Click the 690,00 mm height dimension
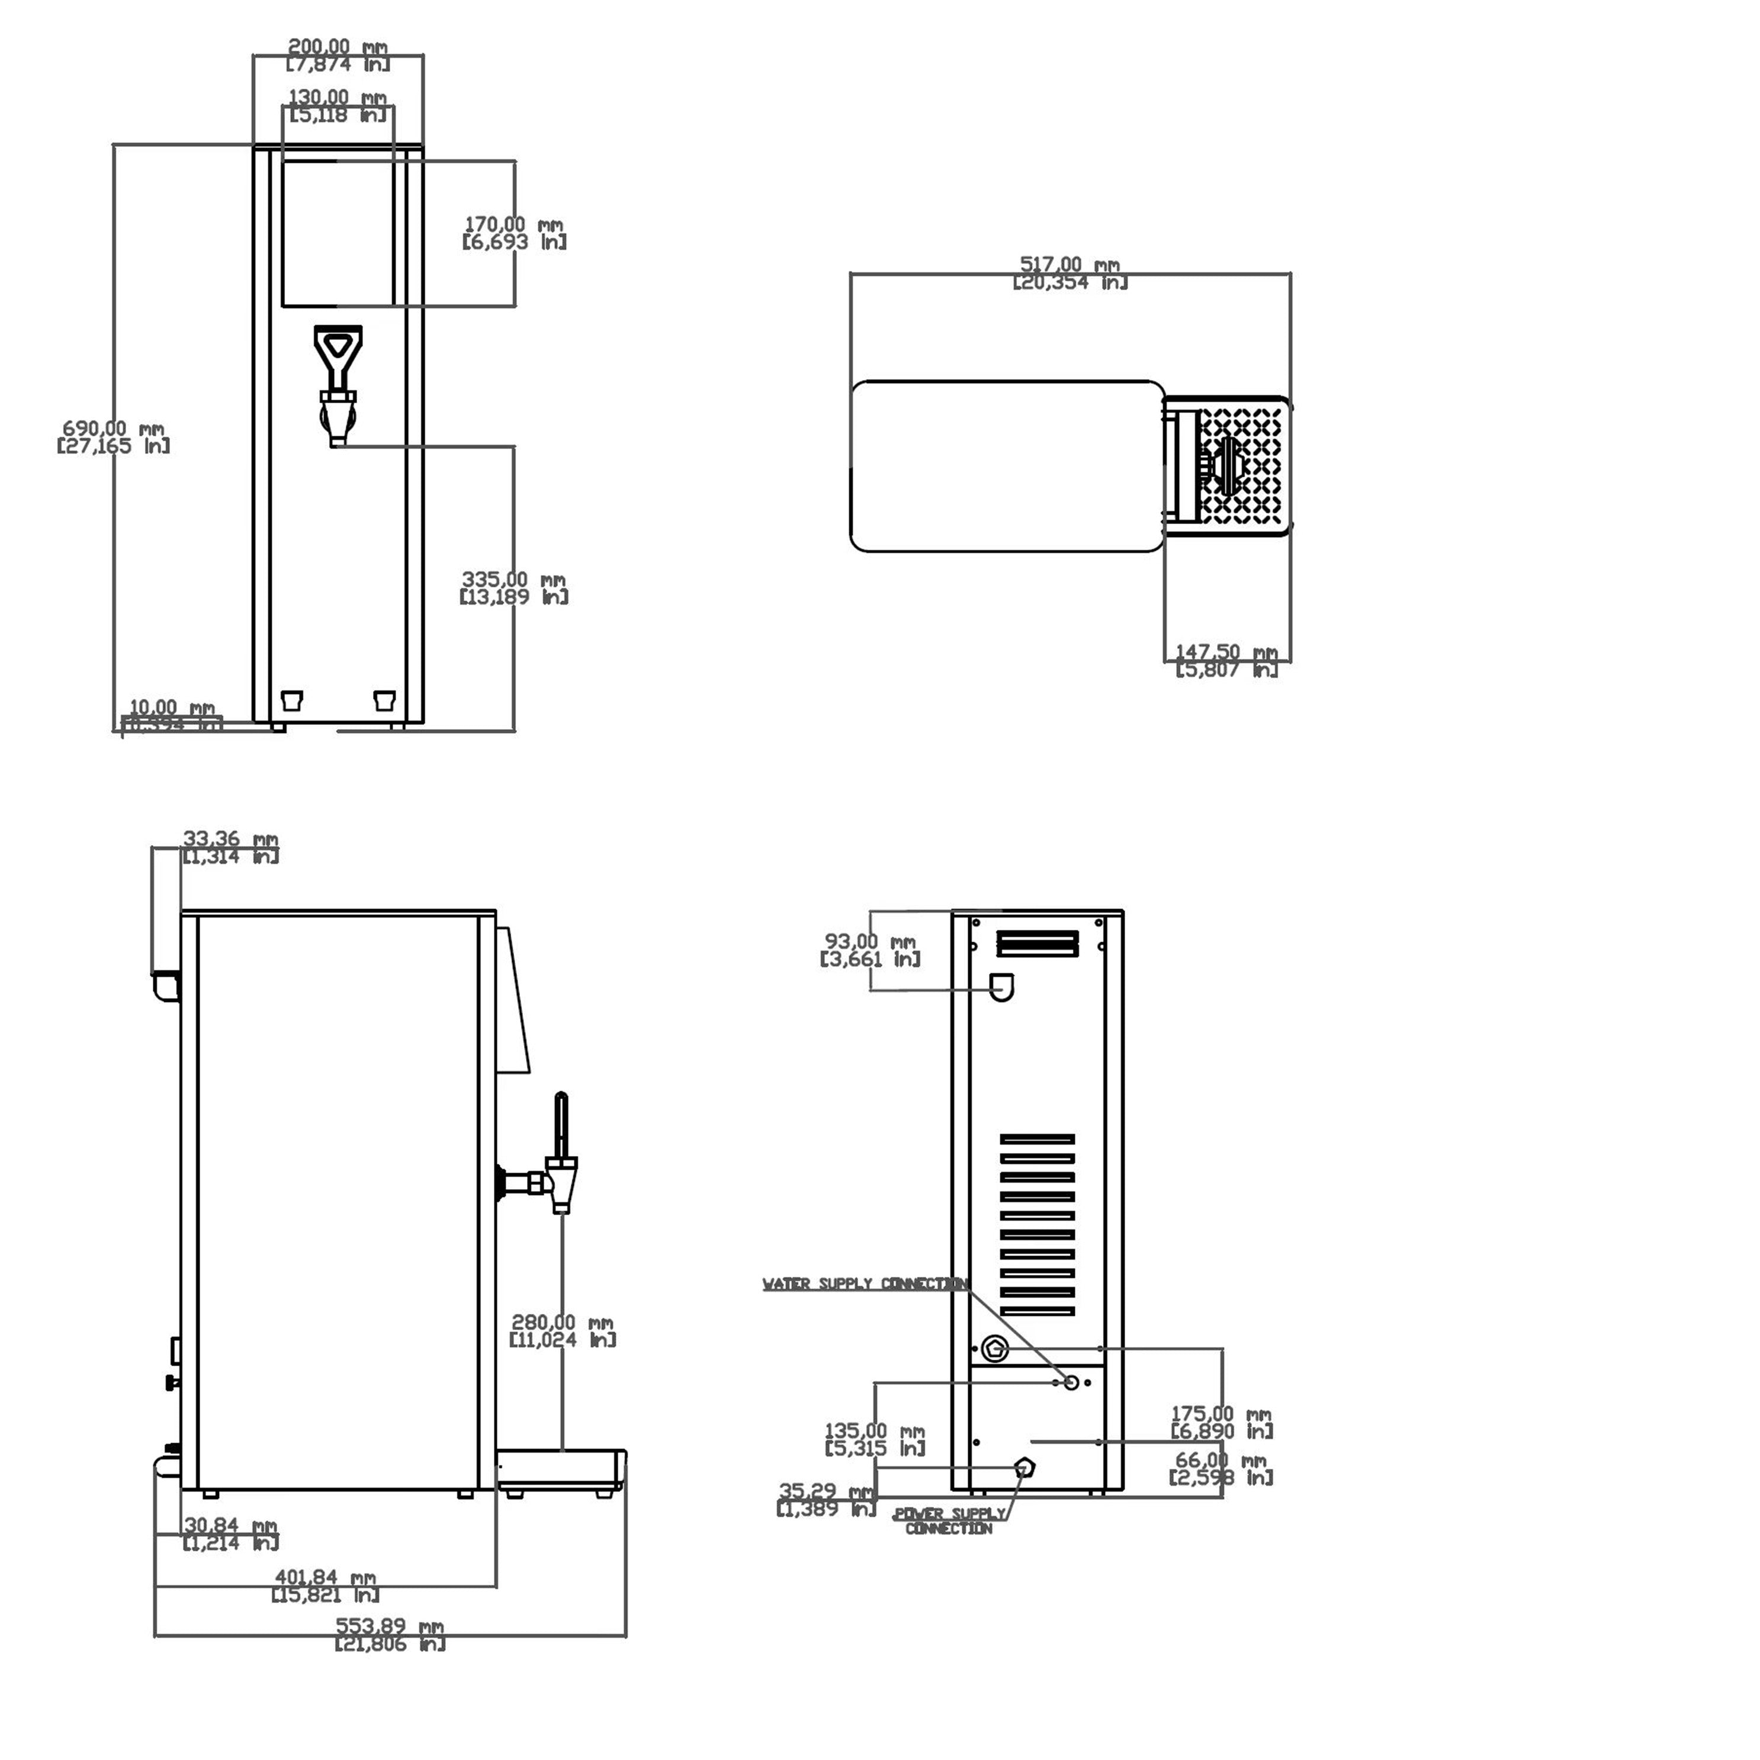(113, 436)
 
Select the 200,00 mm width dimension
(337, 54)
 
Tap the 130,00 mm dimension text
(337, 105)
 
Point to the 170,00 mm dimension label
(514, 232)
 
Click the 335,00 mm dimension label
(514, 587)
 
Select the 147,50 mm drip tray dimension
(1226, 660)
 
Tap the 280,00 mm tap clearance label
(562, 1330)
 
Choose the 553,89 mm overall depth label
(390, 1634)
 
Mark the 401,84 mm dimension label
(325, 1585)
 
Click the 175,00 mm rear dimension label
(1221, 1421)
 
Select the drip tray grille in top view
(1244, 465)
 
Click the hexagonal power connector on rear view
(1025, 1467)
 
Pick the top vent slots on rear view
(1038, 943)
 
